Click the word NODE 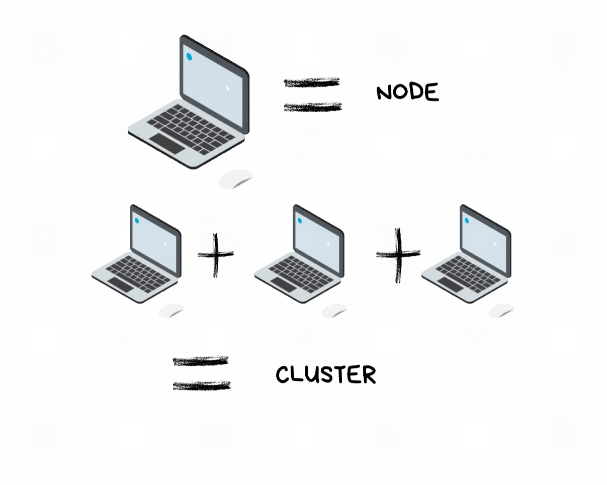pyautogui.click(x=407, y=92)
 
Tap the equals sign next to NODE pyautogui.click(x=313, y=94)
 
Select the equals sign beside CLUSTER pyautogui.click(x=201, y=373)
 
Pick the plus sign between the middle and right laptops pyautogui.click(x=398, y=254)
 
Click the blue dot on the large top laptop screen pyautogui.click(x=189, y=57)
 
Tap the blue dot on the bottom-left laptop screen pyautogui.click(x=136, y=221)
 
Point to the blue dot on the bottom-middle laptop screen pyautogui.click(x=300, y=221)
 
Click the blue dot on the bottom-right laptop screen pyautogui.click(x=467, y=221)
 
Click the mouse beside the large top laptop pyautogui.click(x=235, y=179)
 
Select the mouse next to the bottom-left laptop pyautogui.click(x=171, y=311)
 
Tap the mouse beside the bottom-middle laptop pyautogui.click(x=334, y=311)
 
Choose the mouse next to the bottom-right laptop pyautogui.click(x=501, y=311)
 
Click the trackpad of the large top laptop pyautogui.click(x=168, y=144)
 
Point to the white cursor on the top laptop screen pyautogui.click(x=228, y=88)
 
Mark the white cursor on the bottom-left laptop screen pyautogui.click(x=165, y=244)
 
